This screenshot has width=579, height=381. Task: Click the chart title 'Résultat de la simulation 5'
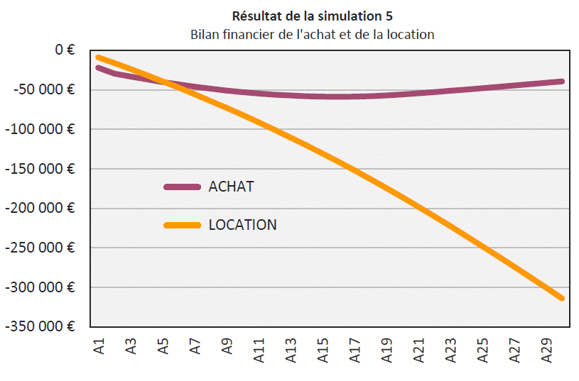click(x=312, y=16)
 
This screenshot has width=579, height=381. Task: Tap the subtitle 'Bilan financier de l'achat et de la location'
click(x=312, y=34)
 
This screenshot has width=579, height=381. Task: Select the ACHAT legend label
click(x=231, y=187)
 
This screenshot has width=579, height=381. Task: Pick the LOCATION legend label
click(x=242, y=225)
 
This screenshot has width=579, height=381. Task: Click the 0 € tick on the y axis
click(x=60, y=50)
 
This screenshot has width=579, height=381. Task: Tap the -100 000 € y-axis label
click(x=40, y=130)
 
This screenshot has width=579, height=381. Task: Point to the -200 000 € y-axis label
click(x=40, y=209)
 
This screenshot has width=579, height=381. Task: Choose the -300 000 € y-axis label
click(x=40, y=288)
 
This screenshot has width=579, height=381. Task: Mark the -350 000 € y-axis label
click(x=40, y=327)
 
